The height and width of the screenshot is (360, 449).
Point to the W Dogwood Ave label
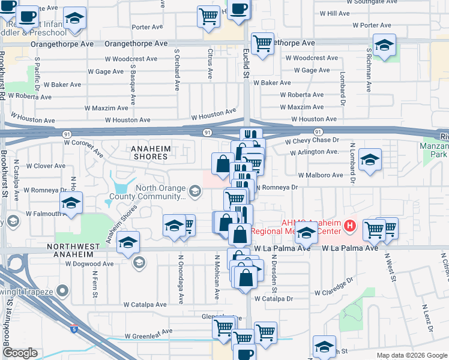point(89,263)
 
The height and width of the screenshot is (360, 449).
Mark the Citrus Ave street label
point(210,64)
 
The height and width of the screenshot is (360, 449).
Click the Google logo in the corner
point(20,353)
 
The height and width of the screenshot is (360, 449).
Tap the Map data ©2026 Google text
point(412,355)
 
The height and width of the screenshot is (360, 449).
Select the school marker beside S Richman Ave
point(384,44)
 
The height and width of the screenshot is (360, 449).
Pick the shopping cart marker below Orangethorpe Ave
point(262,43)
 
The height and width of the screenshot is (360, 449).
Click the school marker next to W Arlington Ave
point(370,159)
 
